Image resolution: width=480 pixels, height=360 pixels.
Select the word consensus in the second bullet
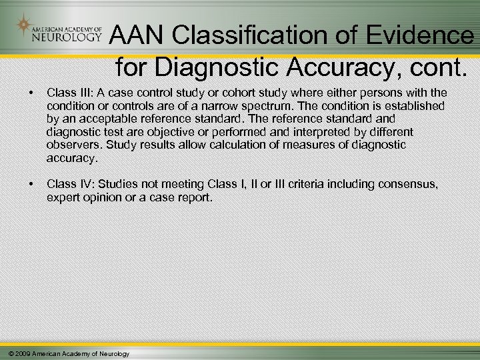click(x=408, y=184)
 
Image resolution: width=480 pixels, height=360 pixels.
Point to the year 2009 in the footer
click(x=21, y=353)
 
